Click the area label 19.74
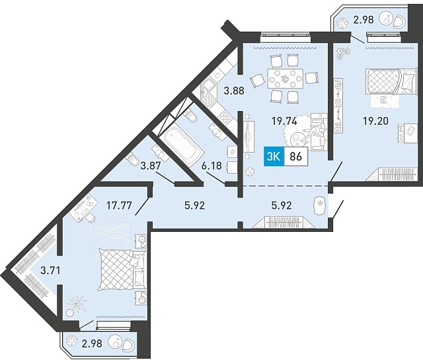click(x=284, y=122)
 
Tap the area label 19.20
click(x=375, y=121)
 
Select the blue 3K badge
click(x=274, y=157)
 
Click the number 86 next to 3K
click(x=295, y=157)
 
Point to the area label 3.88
click(x=234, y=91)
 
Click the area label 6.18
click(x=211, y=166)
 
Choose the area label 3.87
click(x=151, y=166)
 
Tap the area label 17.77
click(x=119, y=205)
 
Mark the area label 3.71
click(x=50, y=270)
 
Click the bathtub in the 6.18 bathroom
click(x=180, y=147)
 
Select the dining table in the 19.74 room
click(x=285, y=78)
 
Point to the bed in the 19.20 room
click(x=391, y=81)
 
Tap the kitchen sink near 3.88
click(x=209, y=92)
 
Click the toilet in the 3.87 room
click(x=132, y=159)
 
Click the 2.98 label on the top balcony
click(x=364, y=20)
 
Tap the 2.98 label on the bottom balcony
click(x=93, y=344)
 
